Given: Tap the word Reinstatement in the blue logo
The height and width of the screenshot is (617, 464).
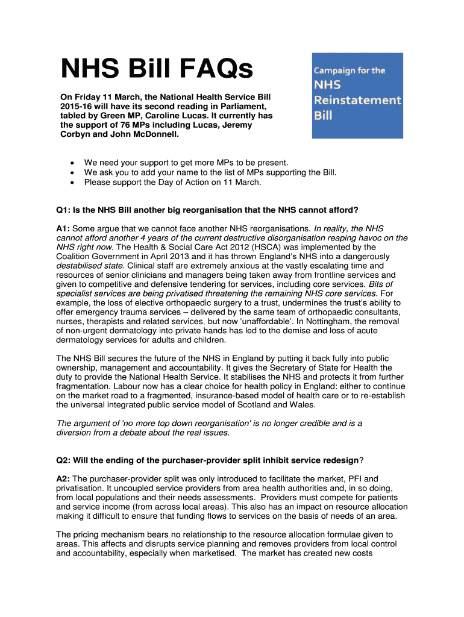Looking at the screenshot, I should [357, 100].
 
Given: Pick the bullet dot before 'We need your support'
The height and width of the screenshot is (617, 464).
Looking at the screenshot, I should [72, 163].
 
